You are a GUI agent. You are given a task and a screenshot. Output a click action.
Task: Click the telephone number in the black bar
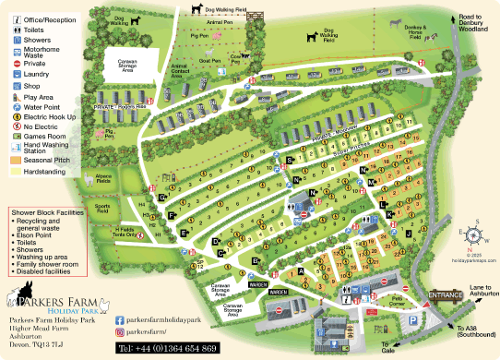(167, 348)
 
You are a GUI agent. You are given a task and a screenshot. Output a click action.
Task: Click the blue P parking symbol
(412, 320)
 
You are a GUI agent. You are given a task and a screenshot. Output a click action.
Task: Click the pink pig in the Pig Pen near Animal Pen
(217, 35)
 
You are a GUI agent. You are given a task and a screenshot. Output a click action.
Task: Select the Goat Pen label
(210, 61)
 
